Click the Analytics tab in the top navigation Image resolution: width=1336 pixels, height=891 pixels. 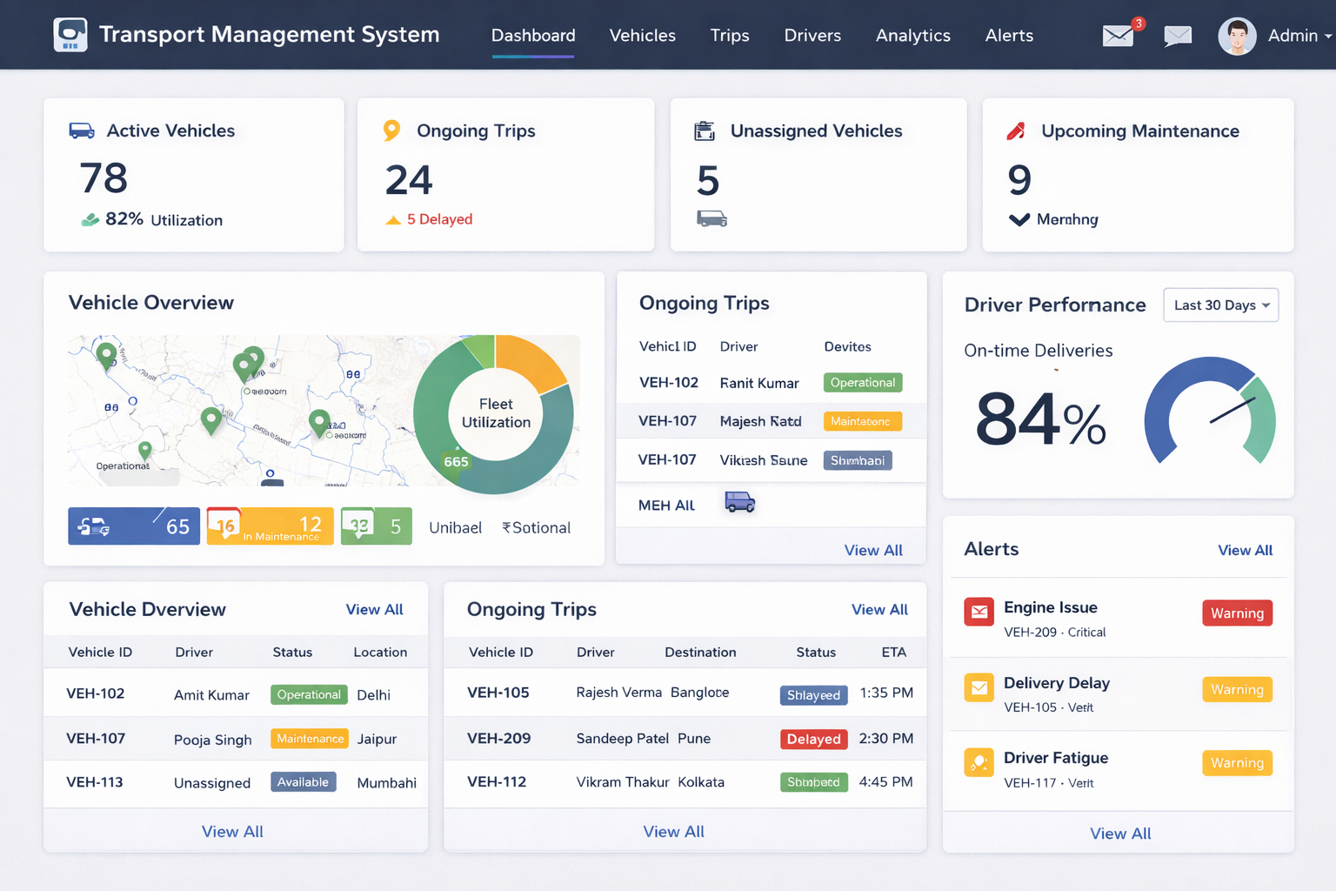912,36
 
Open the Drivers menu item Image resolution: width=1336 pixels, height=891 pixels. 812,36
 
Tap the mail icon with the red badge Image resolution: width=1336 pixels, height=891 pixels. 1119,35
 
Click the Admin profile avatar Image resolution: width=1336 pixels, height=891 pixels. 1237,37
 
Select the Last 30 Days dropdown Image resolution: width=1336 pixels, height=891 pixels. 1220,305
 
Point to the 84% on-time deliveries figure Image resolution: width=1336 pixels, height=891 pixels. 1040,420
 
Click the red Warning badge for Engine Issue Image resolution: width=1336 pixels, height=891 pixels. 1237,613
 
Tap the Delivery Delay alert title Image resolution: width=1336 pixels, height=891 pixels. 1056,683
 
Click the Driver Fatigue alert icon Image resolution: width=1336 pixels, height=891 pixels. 979,763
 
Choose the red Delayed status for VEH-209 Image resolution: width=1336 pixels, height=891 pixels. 813,739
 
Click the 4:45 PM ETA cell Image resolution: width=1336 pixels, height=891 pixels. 885,782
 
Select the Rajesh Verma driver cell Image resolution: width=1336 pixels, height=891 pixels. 618,693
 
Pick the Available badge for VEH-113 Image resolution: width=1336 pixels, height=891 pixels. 303,782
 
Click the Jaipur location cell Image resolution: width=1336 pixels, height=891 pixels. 377,739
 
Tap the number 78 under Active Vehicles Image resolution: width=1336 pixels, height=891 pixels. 104,178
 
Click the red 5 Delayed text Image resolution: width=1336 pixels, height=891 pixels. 439,219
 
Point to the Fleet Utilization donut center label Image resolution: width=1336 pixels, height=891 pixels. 496,413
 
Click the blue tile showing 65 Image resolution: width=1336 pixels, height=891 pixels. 134,526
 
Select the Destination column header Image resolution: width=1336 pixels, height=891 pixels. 700,653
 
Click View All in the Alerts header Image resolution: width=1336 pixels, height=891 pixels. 1245,550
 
